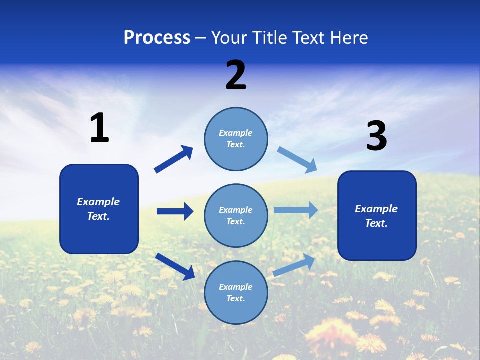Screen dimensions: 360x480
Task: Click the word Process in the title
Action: pyautogui.click(x=157, y=38)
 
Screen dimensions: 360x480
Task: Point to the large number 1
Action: pyautogui.click(x=99, y=128)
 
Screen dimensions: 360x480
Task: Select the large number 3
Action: pyautogui.click(x=376, y=136)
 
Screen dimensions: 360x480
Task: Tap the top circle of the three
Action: pyautogui.click(x=236, y=139)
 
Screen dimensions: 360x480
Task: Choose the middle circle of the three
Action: pyautogui.click(x=236, y=216)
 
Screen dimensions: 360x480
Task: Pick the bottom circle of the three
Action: pyautogui.click(x=236, y=293)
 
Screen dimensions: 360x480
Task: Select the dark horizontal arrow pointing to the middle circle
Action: pyautogui.click(x=175, y=211)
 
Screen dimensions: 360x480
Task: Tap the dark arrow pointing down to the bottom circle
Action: pyautogui.click(x=175, y=266)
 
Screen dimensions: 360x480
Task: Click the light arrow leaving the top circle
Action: pyautogui.click(x=297, y=159)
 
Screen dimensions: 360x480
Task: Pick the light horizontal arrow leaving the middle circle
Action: pyautogui.click(x=296, y=210)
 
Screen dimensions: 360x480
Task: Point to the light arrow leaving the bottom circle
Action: pyautogui.click(x=294, y=265)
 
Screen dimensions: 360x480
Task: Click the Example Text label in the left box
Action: pyautogui.click(x=98, y=209)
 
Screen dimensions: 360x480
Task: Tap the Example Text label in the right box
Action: pyautogui.click(x=376, y=216)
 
